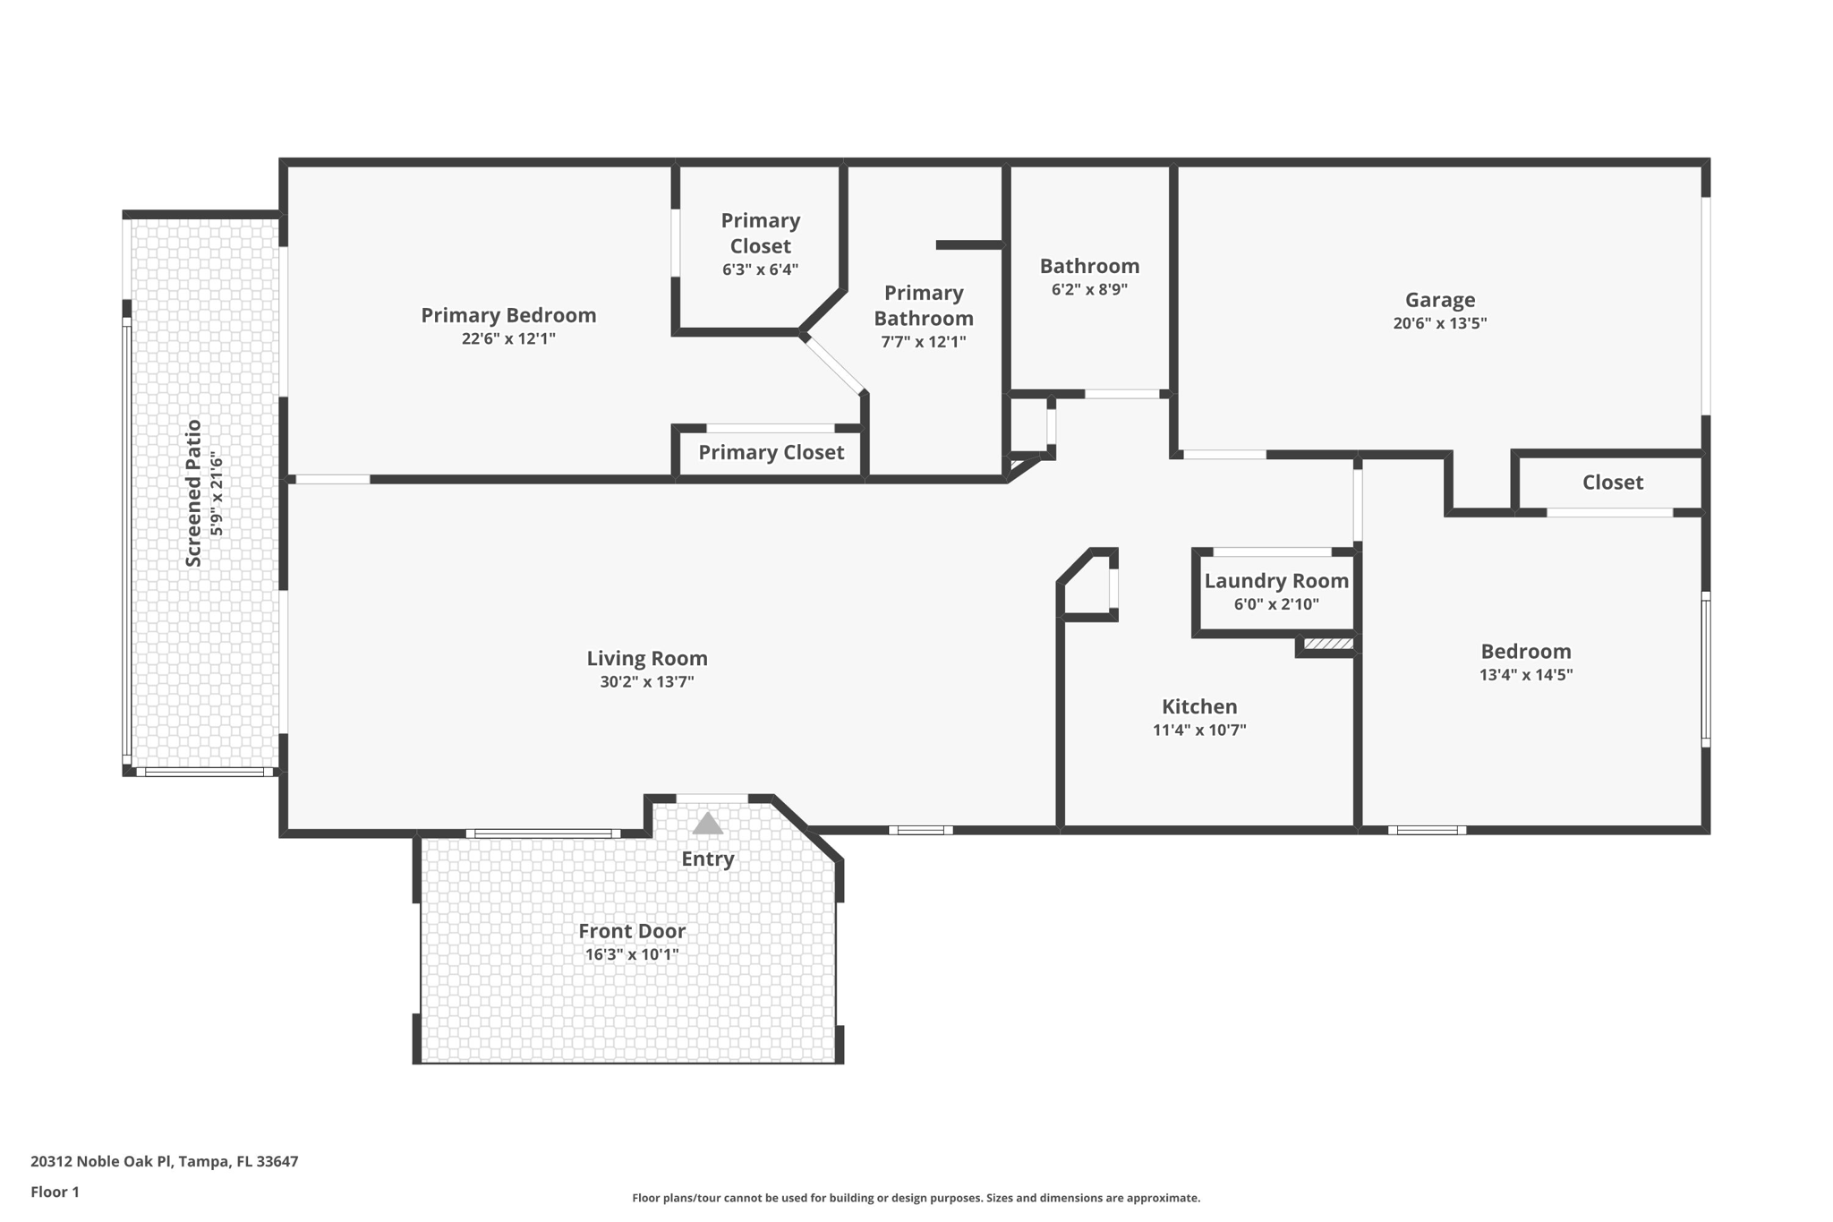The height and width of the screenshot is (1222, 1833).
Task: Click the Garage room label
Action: [x=1439, y=300]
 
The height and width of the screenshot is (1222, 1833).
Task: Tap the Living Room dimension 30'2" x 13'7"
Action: [x=647, y=682]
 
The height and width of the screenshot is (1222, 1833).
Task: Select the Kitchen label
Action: [x=1199, y=706]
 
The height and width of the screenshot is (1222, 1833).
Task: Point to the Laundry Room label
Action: [x=1276, y=581]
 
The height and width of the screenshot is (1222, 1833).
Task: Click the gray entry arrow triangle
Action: [x=707, y=824]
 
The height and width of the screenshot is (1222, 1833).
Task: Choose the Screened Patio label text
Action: [x=193, y=493]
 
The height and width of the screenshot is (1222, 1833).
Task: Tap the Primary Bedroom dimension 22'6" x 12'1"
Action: [x=508, y=338]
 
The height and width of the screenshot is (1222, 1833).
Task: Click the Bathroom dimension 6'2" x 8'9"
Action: [x=1089, y=289]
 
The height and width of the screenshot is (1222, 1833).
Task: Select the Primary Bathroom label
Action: [x=924, y=305]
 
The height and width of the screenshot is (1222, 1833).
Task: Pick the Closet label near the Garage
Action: [x=1613, y=483]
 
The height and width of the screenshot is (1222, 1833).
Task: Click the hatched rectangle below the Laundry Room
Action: [x=1328, y=644]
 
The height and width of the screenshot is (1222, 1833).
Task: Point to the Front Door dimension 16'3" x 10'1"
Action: [x=632, y=954]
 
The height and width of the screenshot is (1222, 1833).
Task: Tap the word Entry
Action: [x=707, y=859]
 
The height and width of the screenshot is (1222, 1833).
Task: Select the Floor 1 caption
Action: [x=55, y=1192]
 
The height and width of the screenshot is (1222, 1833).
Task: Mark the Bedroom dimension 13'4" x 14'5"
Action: [x=1526, y=675]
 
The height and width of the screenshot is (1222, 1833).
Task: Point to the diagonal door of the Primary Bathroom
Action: [x=834, y=364]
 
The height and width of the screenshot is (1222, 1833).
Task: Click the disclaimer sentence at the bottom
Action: [x=916, y=1198]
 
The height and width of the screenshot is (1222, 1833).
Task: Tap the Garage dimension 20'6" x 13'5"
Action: [x=1439, y=323]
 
